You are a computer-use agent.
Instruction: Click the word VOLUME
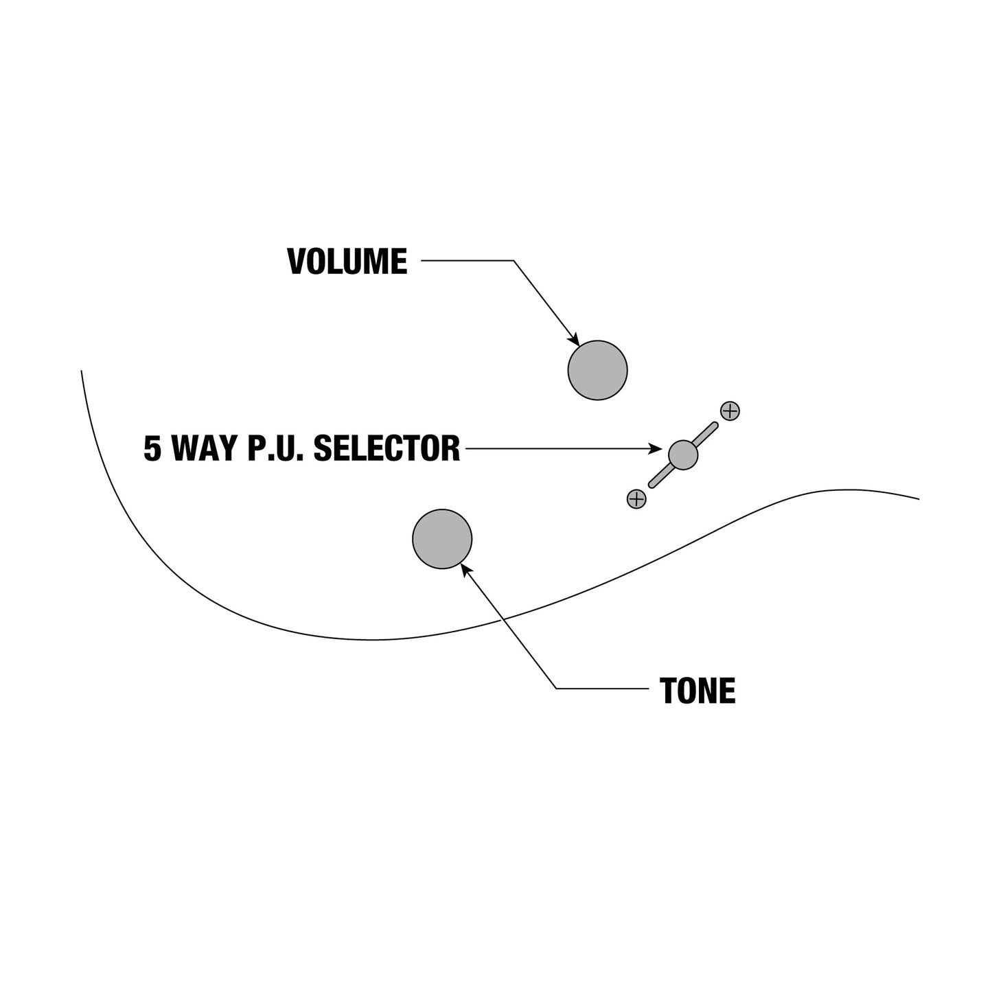click(x=347, y=261)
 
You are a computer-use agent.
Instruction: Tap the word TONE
click(x=697, y=691)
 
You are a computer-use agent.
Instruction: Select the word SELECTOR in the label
click(x=387, y=448)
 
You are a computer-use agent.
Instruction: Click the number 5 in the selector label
click(x=152, y=448)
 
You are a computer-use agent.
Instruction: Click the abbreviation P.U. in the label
click(x=275, y=448)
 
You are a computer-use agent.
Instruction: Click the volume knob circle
click(x=597, y=370)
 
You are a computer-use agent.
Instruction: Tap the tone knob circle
click(x=441, y=539)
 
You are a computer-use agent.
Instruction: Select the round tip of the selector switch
click(x=682, y=455)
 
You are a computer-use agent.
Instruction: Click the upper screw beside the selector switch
click(x=730, y=411)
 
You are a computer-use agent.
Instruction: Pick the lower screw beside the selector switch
click(x=636, y=499)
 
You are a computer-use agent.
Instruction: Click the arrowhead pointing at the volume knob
click(x=574, y=340)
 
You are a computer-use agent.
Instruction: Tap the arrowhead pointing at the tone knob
click(x=466, y=570)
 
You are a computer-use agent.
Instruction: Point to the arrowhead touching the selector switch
click(x=656, y=449)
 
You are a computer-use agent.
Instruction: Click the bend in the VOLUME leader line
click(x=514, y=260)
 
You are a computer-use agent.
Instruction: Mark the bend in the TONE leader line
click(x=557, y=689)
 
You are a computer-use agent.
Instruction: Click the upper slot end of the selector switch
click(x=714, y=426)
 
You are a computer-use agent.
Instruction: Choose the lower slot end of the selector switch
click(x=651, y=484)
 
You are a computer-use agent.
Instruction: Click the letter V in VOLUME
click(x=297, y=261)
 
